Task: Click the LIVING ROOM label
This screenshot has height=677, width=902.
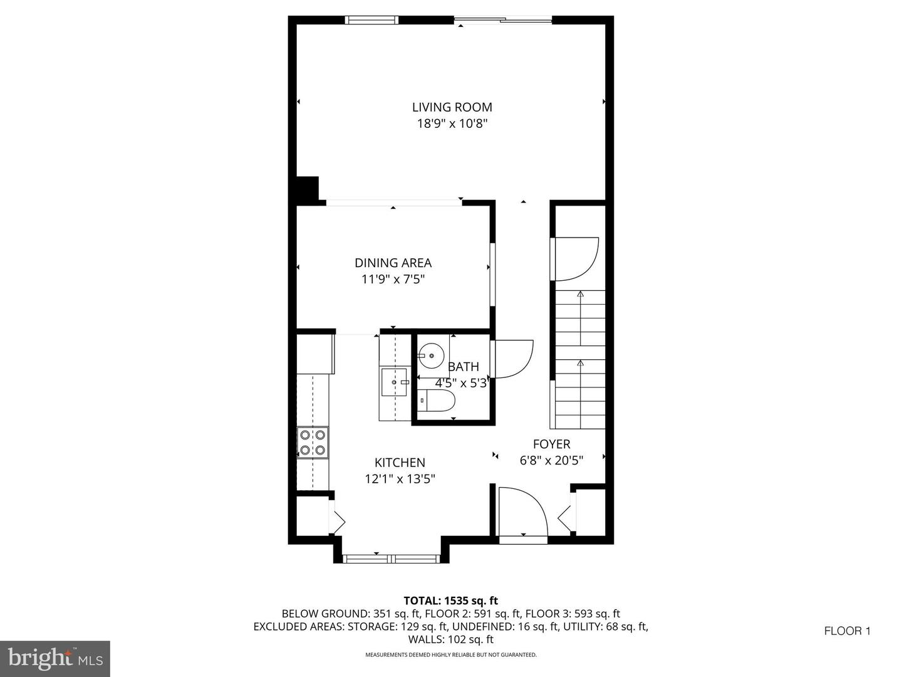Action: (x=452, y=107)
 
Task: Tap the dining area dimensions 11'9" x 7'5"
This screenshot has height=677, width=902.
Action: (x=393, y=280)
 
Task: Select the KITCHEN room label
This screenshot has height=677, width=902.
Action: (x=400, y=463)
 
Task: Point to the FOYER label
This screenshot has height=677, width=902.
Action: (x=551, y=444)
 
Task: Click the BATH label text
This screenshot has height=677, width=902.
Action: (x=463, y=367)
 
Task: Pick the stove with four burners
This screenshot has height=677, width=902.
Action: (x=313, y=443)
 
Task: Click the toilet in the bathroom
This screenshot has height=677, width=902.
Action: (x=437, y=401)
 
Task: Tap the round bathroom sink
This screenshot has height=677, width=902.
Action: (x=431, y=355)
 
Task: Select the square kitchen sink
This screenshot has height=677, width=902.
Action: (x=395, y=382)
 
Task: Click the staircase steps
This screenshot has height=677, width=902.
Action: (x=580, y=360)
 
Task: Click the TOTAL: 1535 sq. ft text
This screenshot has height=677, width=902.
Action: (x=451, y=601)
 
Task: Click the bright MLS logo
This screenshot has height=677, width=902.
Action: (x=55, y=658)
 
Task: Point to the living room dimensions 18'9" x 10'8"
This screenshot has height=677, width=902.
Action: (x=452, y=123)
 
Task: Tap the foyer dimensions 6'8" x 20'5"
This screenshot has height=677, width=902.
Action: (x=551, y=461)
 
